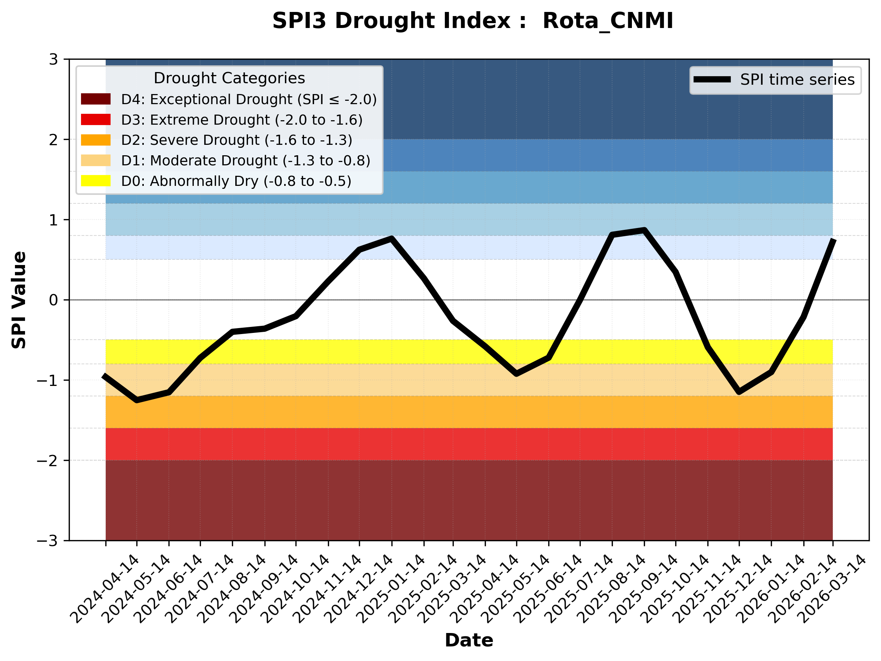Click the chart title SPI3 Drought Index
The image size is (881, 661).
[x=472, y=21]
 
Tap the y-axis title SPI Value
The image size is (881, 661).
[x=19, y=300]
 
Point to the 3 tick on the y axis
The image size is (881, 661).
[x=53, y=59]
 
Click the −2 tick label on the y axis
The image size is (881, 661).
[x=47, y=461]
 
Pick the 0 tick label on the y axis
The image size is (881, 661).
[x=53, y=300]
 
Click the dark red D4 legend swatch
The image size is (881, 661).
[x=96, y=99]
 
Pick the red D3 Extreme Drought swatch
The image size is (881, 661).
[x=96, y=119]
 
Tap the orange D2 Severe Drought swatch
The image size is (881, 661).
[x=96, y=140]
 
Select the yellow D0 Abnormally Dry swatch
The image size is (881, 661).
[x=96, y=181]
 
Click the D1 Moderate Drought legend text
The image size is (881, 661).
[x=246, y=160]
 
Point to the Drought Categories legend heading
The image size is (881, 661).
[x=229, y=78]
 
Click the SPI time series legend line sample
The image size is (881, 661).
[x=712, y=79]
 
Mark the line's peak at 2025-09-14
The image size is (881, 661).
[x=644, y=230]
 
